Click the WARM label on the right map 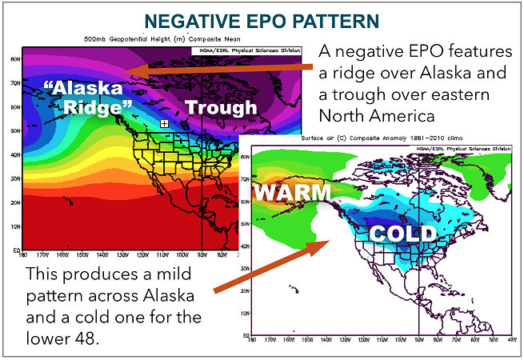click(293, 193)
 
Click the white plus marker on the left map click(164, 123)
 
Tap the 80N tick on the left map click(15, 58)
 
